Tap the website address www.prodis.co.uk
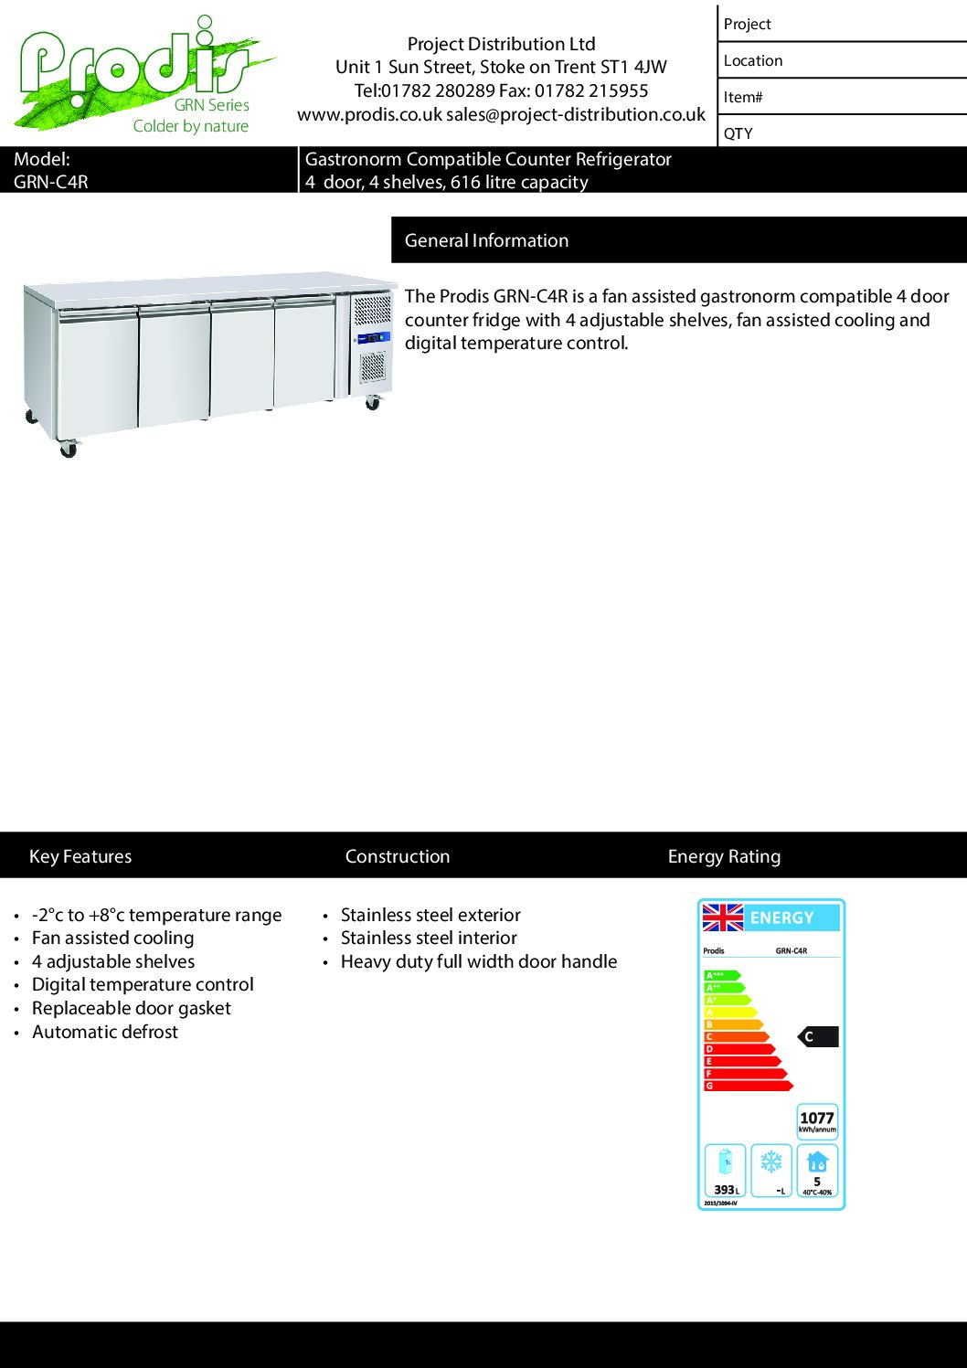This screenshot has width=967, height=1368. click(369, 114)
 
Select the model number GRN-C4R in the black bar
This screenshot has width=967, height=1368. click(51, 182)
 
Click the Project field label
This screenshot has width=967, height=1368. click(747, 25)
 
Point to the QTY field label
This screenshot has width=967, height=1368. click(738, 133)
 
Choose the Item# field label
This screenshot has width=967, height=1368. click(742, 97)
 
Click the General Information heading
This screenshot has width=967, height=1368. click(486, 240)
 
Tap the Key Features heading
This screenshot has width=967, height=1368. click(80, 856)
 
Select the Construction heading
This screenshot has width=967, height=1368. click(398, 856)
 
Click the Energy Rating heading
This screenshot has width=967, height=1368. click(724, 856)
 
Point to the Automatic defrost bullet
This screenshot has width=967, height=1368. click(105, 1032)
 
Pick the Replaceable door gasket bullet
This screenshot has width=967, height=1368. click(131, 1008)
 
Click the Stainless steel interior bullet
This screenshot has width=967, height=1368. click(429, 938)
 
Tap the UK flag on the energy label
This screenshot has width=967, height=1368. click(722, 917)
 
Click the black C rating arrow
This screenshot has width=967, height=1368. click(818, 1036)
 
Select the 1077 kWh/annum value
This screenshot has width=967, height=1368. click(816, 1119)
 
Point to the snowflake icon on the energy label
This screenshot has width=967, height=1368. click(771, 1161)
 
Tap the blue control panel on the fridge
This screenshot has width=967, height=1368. click(373, 338)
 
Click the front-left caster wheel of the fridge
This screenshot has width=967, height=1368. click(68, 449)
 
